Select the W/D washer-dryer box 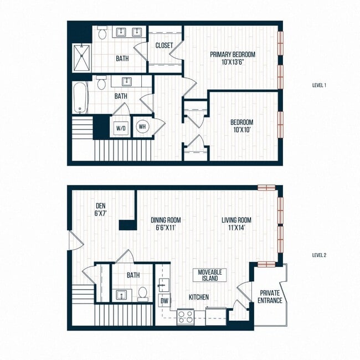[x=121, y=128]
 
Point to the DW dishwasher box [x=164, y=301]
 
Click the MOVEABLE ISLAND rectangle [x=210, y=275]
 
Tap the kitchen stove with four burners [x=184, y=317]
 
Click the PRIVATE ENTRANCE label [x=270, y=296]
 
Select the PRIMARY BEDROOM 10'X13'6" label [x=233, y=58]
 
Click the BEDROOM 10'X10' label [x=241, y=126]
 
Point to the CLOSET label [x=164, y=45]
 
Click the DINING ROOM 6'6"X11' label [x=166, y=224]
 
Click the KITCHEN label [x=198, y=297]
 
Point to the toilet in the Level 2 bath [x=142, y=294]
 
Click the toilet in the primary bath [x=102, y=34]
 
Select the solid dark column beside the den [x=127, y=225]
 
